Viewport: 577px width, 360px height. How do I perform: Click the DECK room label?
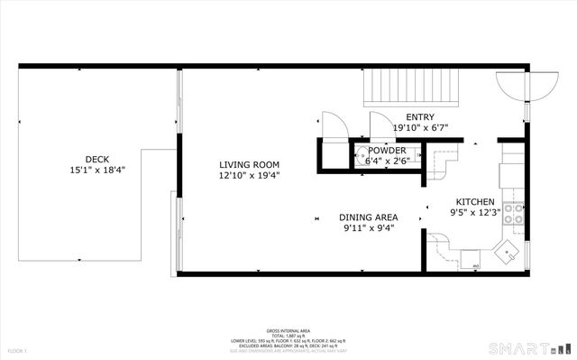click(97, 158)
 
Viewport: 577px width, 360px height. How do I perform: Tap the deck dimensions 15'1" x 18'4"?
click(97, 170)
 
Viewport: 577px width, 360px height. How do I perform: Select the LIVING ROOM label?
click(250, 164)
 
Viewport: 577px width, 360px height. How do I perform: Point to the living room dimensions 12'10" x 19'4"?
click(250, 176)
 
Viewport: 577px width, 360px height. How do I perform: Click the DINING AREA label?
click(369, 217)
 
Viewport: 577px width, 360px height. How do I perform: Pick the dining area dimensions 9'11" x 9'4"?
click(369, 228)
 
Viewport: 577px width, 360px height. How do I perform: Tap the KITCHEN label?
click(475, 201)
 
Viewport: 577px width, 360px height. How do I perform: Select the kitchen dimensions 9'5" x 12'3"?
click(475, 213)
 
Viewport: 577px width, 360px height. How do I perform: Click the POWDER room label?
click(386, 150)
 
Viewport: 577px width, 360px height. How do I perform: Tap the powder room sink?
click(361, 154)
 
